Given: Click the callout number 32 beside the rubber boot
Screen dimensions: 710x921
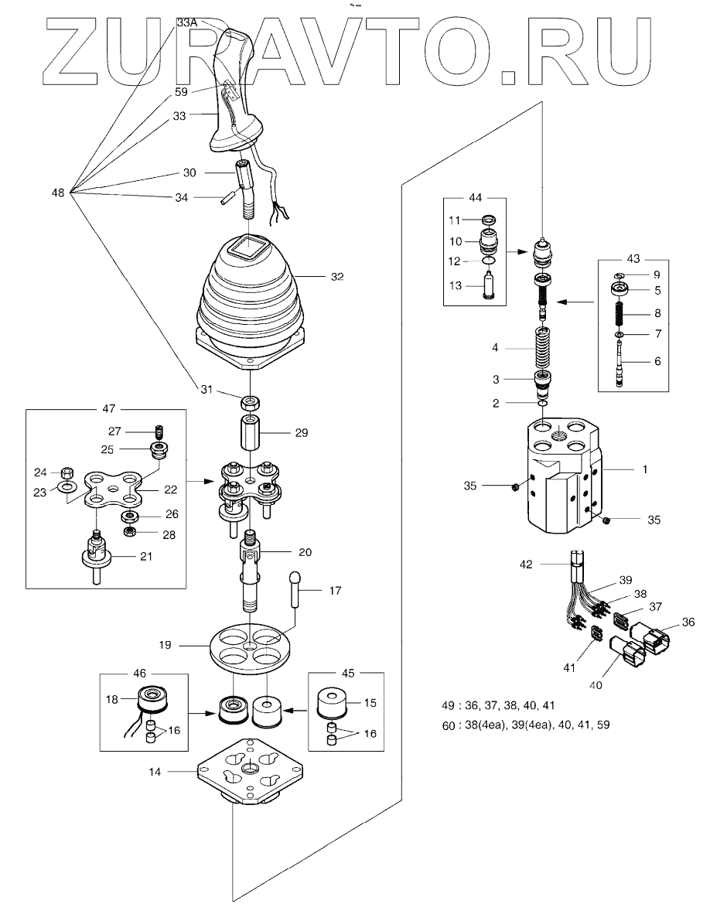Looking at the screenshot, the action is (x=337, y=277).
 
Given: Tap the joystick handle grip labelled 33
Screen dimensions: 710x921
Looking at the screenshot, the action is (x=235, y=94).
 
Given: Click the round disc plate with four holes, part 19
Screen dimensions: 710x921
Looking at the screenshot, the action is (x=250, y=646).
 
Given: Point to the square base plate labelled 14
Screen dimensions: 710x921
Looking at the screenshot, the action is (x=251, y=769).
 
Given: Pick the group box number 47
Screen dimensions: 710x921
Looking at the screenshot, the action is (x=108, y=409).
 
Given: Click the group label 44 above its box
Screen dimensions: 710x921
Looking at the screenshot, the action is (x=475, y=198).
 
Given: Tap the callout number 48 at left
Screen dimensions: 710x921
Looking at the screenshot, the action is (x=58, y=193).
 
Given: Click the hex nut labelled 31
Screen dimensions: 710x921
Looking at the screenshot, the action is (x=251, y=404).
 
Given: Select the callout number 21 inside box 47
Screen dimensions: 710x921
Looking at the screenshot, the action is (x=146, y=556).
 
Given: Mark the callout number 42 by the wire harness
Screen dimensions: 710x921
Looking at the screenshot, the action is (x=526, y=565).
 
